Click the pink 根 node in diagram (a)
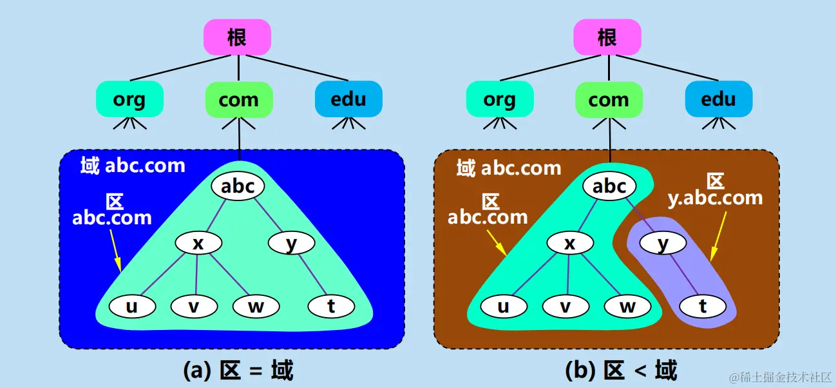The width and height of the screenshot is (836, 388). pos(237,37)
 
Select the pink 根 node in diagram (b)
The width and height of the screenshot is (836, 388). pos(607,37)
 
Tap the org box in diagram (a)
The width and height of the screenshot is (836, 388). pos(129,99)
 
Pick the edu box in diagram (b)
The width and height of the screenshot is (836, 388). pos(718,99)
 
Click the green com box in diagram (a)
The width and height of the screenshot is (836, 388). pos(238,99)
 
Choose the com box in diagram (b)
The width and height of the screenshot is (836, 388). pos(609,99)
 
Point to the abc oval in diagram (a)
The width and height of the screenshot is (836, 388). pos(238,186)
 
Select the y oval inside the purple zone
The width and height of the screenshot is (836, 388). pos(663,243)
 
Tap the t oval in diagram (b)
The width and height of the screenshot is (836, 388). pos(703,306)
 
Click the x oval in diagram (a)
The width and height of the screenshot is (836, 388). pos(198,243)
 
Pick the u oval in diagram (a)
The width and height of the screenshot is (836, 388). pos(131,306)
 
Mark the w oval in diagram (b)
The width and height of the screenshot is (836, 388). pos(627,306)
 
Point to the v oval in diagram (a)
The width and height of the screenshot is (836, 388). pos(194,306)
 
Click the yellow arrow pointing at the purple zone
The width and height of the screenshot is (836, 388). pos(719,235)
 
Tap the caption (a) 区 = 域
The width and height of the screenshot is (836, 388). pos(238,371)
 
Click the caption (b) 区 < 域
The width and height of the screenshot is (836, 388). pos(621,371)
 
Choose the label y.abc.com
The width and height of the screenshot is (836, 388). pos(715,197)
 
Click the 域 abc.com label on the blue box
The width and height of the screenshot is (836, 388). pos(133,166)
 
